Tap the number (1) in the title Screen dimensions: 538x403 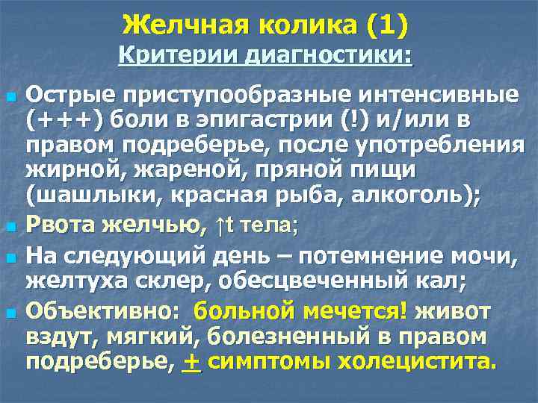click(x=387, y=25)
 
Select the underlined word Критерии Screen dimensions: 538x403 click(x=178, y=54)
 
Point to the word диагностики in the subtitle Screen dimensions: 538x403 click(x=328, y=54)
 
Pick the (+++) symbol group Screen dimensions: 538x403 click(x=64, y=120)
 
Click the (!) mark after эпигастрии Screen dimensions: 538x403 click(x=354, y=119)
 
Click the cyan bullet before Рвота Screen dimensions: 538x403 click(x=12, y=227)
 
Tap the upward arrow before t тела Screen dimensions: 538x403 click(x=220, y=226)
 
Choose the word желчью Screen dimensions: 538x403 click(x=154, y=226)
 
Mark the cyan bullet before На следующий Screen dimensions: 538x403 click(x=12, y=257)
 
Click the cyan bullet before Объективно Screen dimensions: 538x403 click(x=12, y=312)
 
